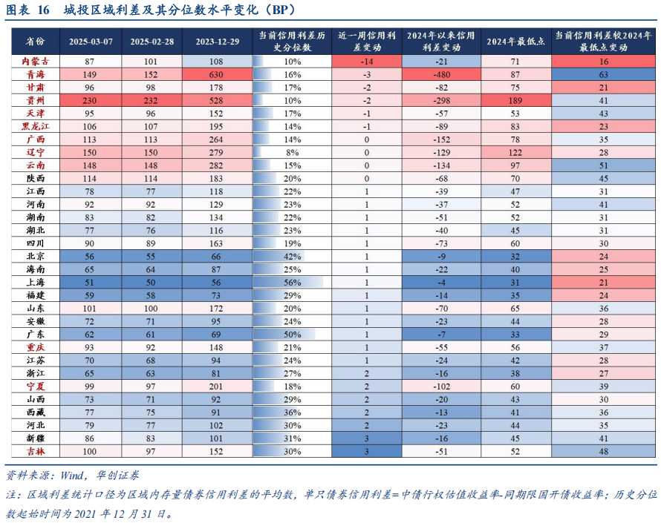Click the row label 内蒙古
[35, 62]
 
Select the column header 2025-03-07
[90, 42]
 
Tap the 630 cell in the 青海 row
[217, 75]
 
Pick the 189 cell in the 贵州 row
[515, 100]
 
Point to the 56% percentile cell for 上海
[292, 282]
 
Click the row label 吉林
[35, 451]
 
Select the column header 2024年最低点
[515, 42]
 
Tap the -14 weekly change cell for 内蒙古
[367, 62]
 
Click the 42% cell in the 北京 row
[292, 256]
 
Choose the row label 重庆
[35, 347]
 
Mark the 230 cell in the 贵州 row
[90, 100]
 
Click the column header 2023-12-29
[217, 42]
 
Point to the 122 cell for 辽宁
[515, 152]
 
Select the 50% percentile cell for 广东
[292, 334]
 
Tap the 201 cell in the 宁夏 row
[217, 386]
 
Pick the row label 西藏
[35, 412]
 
